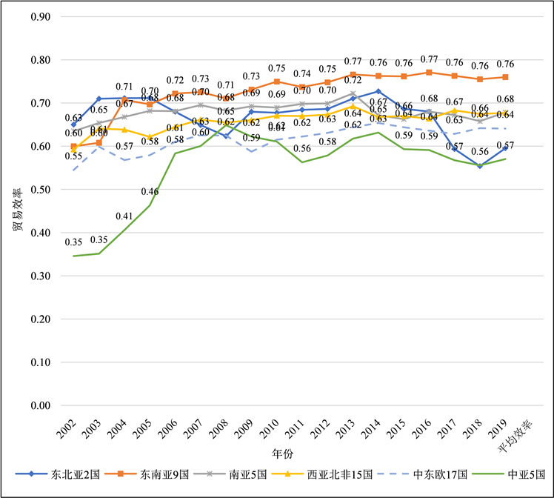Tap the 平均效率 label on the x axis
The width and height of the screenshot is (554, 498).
pyautogui.click(x=520, y=431)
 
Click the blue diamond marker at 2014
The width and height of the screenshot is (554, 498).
pyautogui.click(x=378, y=91)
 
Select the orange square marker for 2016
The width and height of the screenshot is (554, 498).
pyautogui.click(x=429, y=73)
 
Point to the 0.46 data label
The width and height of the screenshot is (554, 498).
pyautogui.click(x=150, y=192)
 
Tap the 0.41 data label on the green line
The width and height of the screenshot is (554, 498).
pyautogui.click(x=124, y=216)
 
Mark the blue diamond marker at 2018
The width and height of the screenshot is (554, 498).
pyautogui.click(x=480, y=166)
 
